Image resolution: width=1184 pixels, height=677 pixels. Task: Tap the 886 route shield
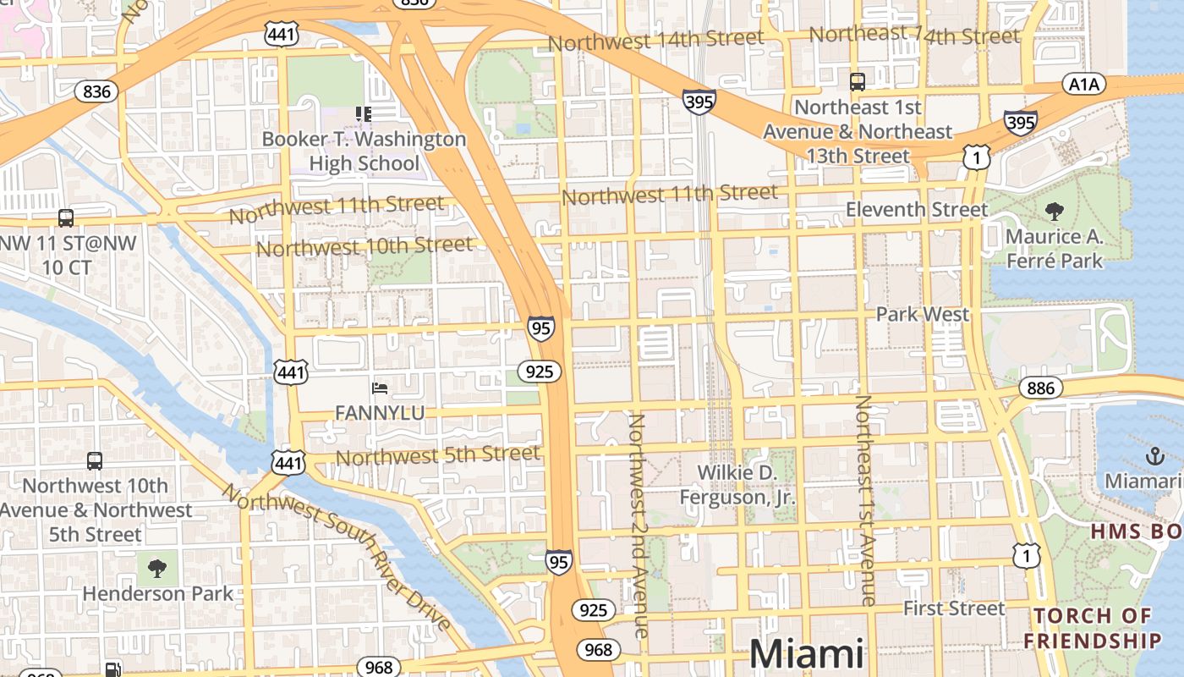click(x=1040, y=388)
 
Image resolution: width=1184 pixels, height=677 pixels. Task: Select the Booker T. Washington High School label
click(x=364, y=151)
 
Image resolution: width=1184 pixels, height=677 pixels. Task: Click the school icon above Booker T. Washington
click(x=364, y=113)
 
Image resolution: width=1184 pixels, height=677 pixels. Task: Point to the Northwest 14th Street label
click(x=655, y=40)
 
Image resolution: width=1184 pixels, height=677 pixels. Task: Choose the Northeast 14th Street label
click(x=914, y=35)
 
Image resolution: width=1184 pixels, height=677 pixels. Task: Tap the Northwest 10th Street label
click(x=365, y=246)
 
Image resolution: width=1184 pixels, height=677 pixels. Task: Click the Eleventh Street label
click(x=917, y=209)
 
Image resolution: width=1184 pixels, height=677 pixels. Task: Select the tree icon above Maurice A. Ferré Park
click(x=1055, y=212)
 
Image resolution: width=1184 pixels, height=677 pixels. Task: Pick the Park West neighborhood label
click(x=923, y=314)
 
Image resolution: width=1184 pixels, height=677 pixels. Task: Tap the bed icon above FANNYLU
click(x=380, y=388)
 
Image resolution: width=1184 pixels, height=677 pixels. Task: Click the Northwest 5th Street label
click(x=437, y=455)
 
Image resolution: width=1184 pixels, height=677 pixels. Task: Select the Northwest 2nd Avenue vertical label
click(x=638, y=525)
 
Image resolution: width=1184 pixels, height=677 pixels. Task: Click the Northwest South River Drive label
click(x=337, y=558)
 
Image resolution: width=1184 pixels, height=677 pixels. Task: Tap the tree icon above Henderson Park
click(x=157, y=568)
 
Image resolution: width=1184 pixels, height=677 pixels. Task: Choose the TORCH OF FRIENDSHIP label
click(x=1092, y=628)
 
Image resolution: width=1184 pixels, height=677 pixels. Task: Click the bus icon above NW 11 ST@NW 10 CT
click(x=66, y=218)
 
